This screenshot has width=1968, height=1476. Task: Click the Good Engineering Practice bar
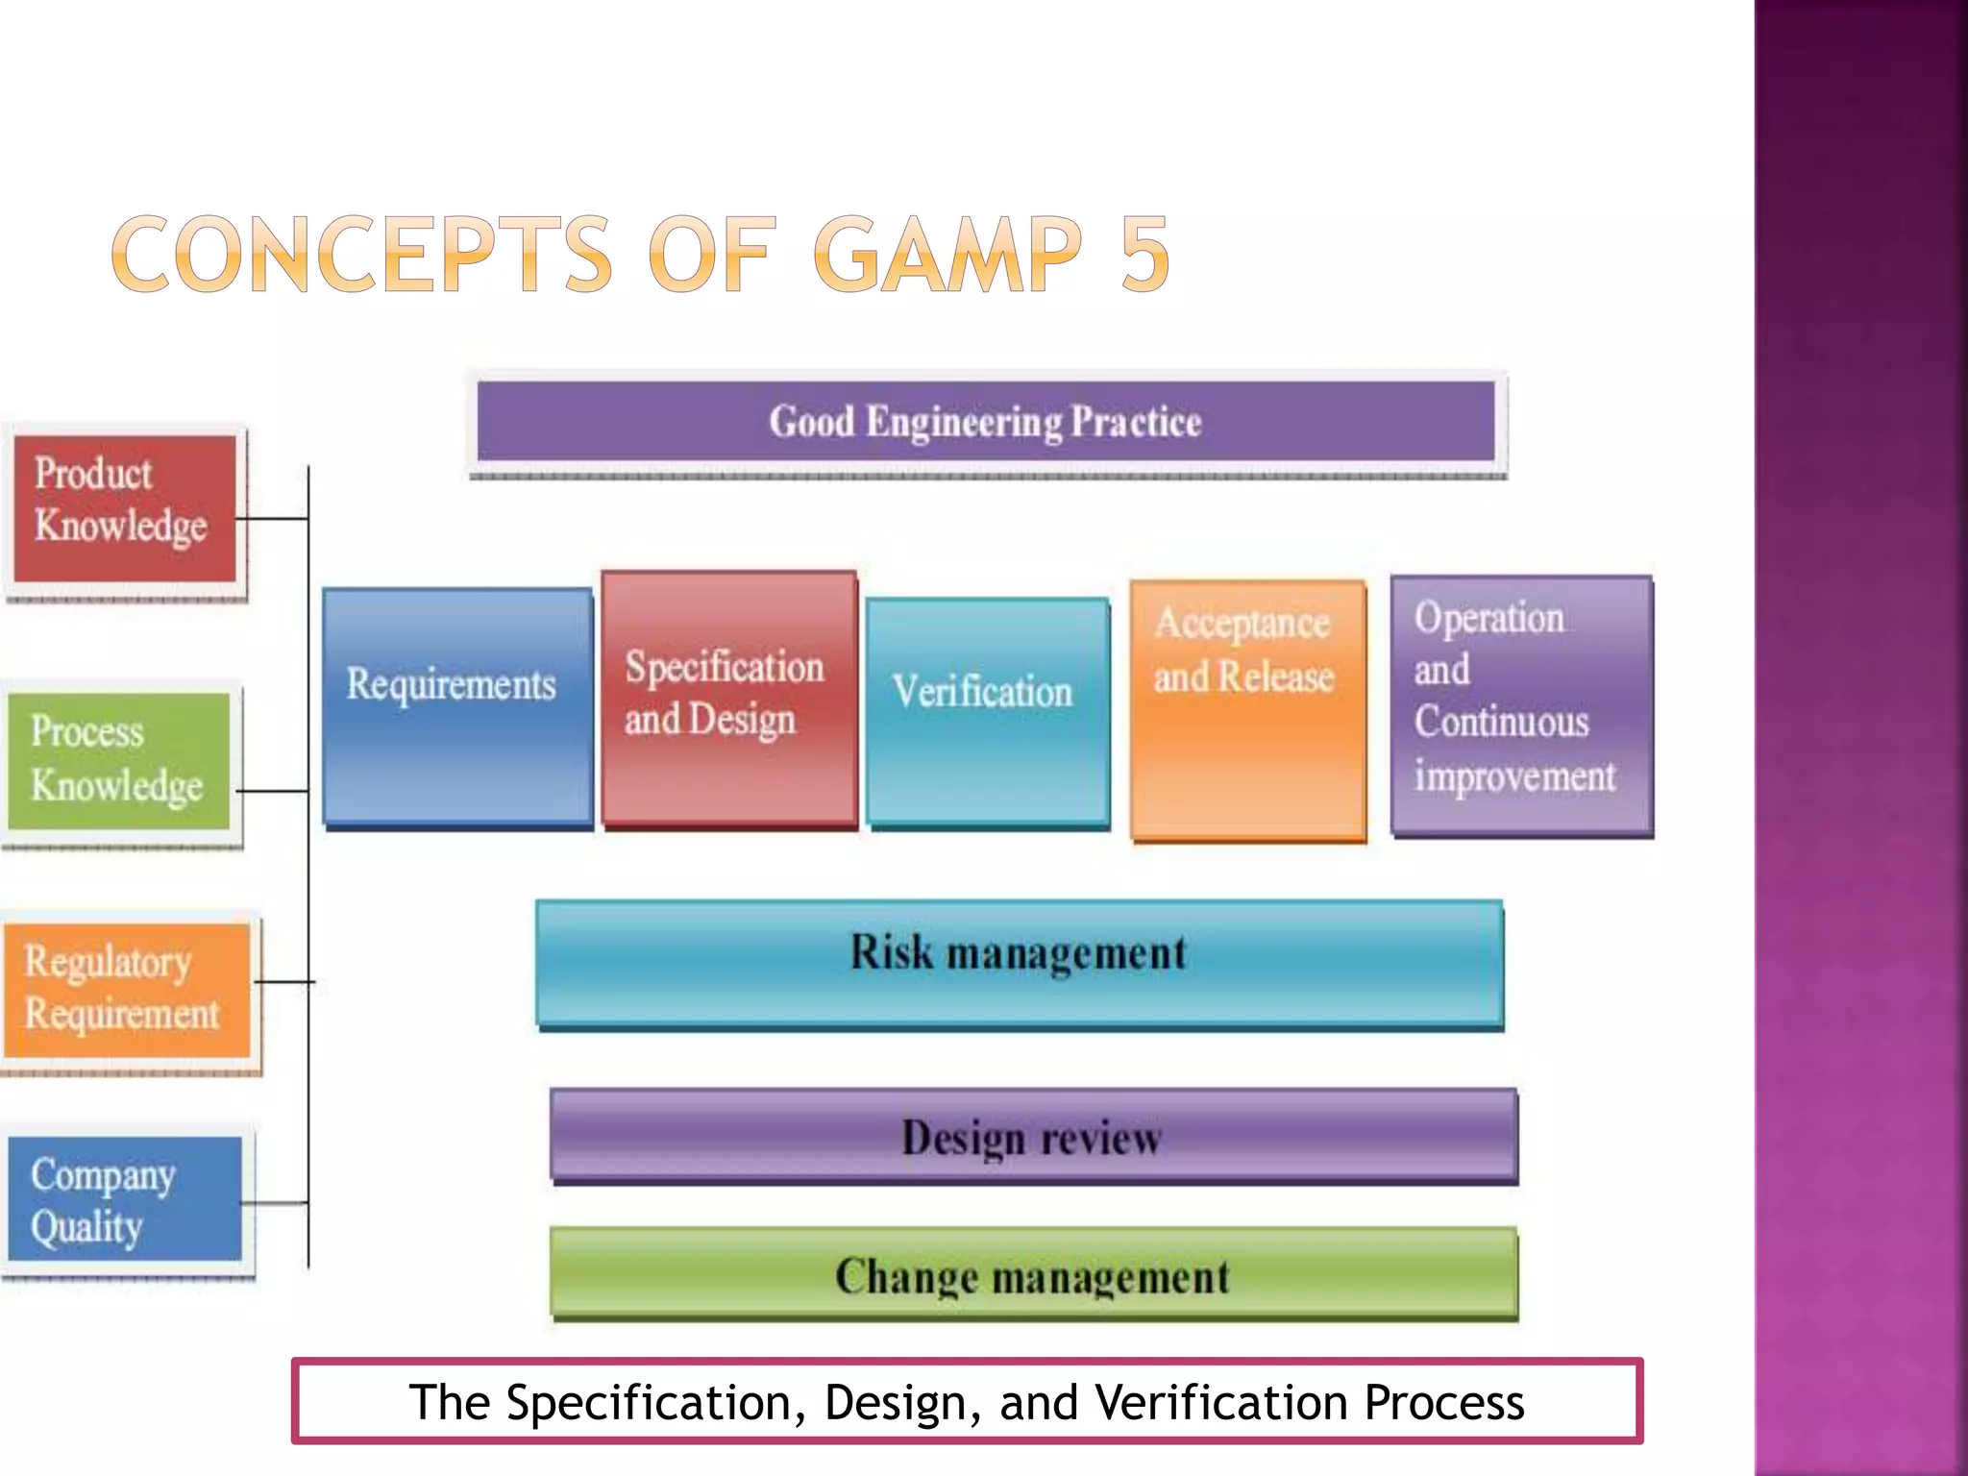click(x=986, y=422)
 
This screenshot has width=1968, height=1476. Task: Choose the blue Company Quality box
click(x=125, y=1199)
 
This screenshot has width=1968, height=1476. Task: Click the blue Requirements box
click(x=456, y=706)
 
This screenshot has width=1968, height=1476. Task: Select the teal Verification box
click(x=987, y=712)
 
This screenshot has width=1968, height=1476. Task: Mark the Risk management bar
click(x=1020, y=963)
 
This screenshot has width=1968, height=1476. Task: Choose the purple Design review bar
click(x=1033, y=1135)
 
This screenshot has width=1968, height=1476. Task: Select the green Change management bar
click(x=1033, y=1273)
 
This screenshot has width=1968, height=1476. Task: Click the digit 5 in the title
click(x=1144, y=254)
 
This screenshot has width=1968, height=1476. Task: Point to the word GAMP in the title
click(x=947, y=254)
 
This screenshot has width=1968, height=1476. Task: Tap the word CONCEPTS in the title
click(x=361, y=254)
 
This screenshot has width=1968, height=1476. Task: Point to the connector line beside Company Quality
click(x=275, y=1202)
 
